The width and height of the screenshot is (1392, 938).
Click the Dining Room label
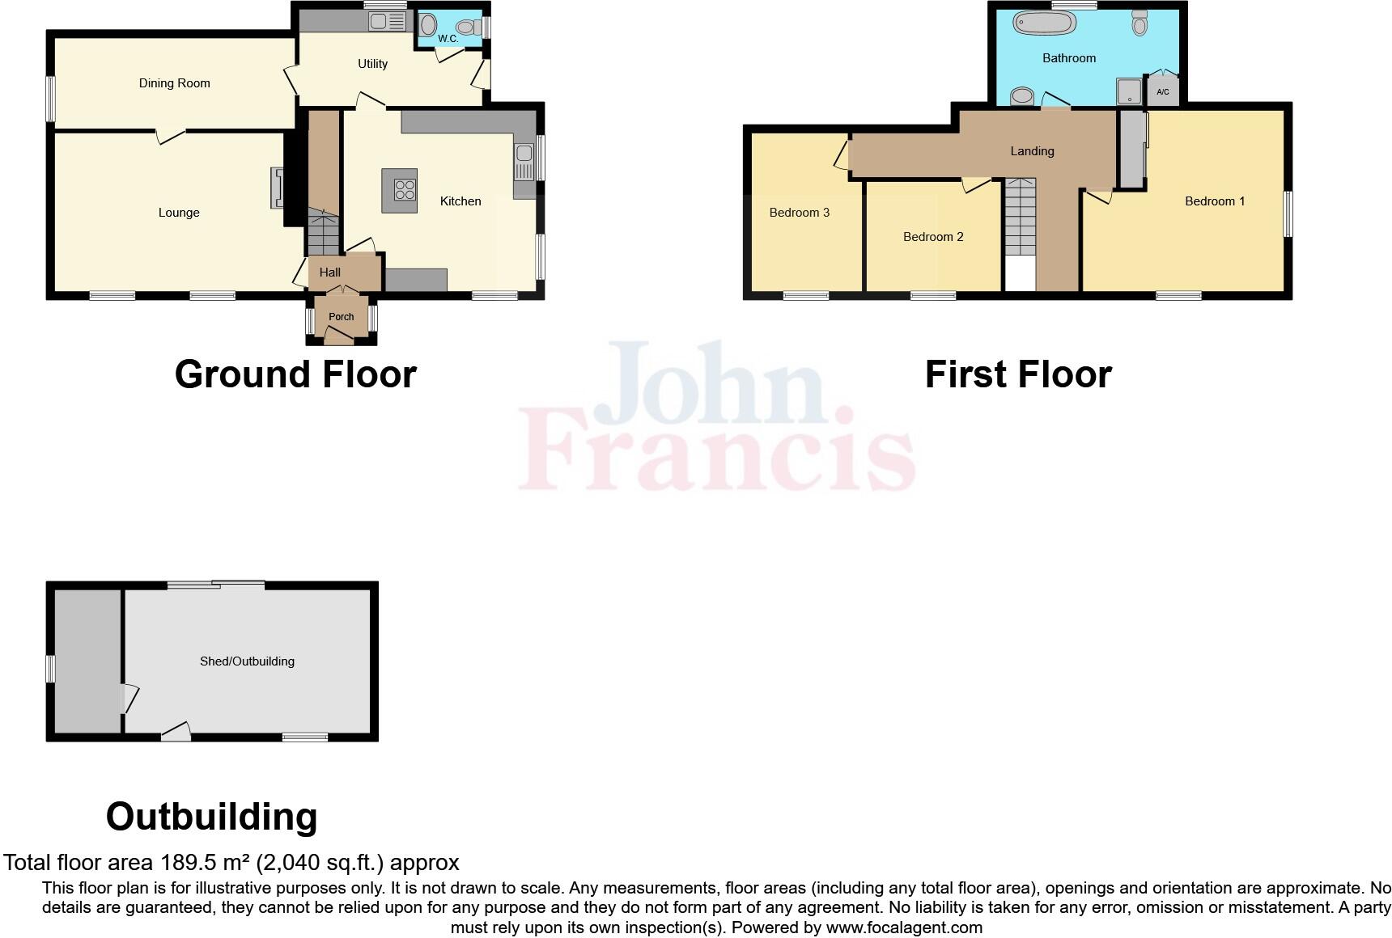click(x=174, y=83)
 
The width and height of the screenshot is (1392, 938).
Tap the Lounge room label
click(x=179, y=213)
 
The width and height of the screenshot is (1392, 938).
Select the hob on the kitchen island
click(x=404, y=190)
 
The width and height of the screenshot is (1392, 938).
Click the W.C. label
click(x=448, y=39)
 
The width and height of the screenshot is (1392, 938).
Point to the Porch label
click(x=341, y=316)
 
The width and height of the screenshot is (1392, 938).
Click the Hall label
click(x=330, y=273)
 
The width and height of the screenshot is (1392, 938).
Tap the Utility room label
click(x=372, y=64)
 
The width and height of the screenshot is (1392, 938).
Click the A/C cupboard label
click(x=1163, y=92)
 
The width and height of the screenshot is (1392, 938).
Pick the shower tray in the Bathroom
click(x=1130, y=91)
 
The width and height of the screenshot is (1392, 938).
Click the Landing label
click(x=1032, y=151)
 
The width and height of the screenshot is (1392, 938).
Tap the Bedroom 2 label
click(x=933, y=237)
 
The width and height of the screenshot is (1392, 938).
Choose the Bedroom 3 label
click(x=799, y=213)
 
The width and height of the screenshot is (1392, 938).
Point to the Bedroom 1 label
click(x=1215, y=201)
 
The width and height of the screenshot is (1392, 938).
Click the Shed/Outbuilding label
click(x=247, y=661)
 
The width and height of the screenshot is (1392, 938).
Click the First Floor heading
click(x=1018, y=374)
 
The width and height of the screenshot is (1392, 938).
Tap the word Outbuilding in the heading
click(x=211, y=817)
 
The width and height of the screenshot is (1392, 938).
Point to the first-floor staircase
click(x=1020, y=218)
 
